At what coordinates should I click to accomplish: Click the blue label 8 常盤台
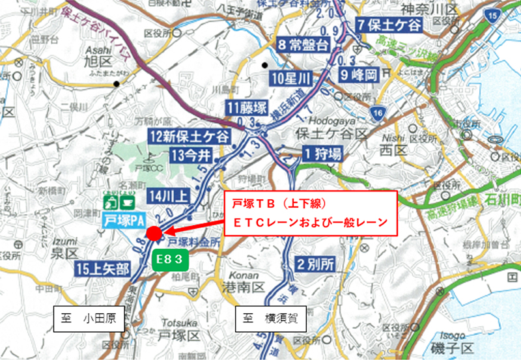(303, 45)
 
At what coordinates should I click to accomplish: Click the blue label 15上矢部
(102, 268)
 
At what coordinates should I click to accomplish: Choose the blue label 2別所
(315, 264)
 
